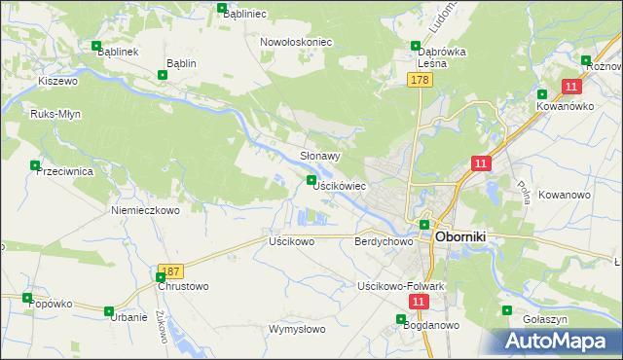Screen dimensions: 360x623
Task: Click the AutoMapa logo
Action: coord(555,342)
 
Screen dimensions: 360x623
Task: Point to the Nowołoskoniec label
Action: coord(297,42)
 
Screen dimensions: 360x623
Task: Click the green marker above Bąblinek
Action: coord(95,46)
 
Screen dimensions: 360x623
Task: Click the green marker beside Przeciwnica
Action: coord(36,165)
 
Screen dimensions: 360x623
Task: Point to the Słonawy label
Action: coord(319,156)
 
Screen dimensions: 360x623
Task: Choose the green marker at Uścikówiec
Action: coord(311,180)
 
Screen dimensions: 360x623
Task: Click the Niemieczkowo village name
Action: coord(146,210)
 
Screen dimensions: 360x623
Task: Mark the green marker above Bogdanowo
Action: coord(401,319)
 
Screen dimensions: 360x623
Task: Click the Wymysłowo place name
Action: coord(297,329)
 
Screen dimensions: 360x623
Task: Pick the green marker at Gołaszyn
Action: coord(506,311)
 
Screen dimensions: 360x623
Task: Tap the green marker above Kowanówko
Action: coord(542,93)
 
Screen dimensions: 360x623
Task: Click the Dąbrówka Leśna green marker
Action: coord(416,45)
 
